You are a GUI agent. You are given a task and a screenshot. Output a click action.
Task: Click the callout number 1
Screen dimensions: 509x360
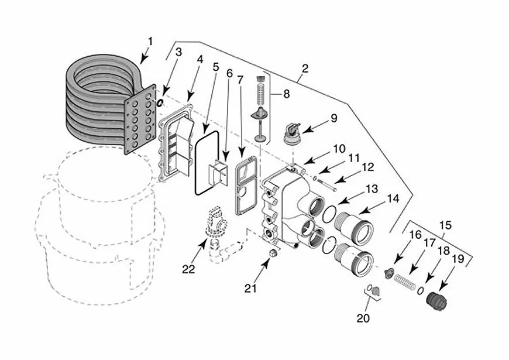pos(150,42)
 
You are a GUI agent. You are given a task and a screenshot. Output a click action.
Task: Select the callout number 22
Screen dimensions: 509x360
pos(188,269)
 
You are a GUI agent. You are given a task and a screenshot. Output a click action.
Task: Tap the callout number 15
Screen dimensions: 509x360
pos(445,225)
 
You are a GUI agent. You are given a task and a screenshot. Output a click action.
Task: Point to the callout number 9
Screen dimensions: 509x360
pos(333,118)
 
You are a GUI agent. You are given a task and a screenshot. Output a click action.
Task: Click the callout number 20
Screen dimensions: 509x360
pos(363,318)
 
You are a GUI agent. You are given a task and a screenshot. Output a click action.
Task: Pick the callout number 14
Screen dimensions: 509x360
pos(393,198)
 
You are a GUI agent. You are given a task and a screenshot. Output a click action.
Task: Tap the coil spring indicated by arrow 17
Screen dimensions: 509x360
pos(405,282)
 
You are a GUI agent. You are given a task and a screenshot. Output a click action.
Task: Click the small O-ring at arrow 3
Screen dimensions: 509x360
pos(160,102)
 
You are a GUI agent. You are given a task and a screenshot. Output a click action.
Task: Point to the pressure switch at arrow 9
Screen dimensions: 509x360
pos(292,132)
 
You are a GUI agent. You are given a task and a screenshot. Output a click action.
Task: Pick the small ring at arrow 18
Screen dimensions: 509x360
pos(421,290)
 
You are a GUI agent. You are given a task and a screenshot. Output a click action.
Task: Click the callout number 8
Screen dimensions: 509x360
pos(286,94)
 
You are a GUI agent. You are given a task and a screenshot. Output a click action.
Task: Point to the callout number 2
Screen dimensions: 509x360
pos(305,68)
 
